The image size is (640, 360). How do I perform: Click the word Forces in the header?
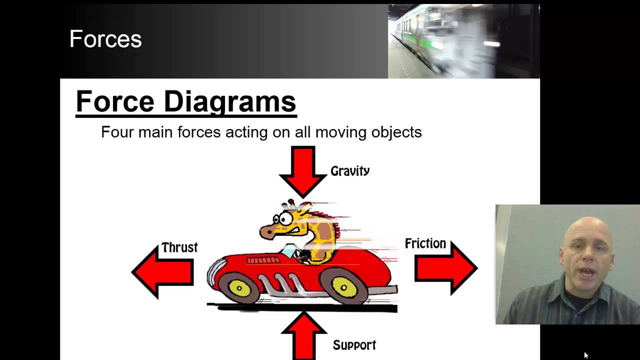(x=105, y=39)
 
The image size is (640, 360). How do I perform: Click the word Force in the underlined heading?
(x=115, y=101)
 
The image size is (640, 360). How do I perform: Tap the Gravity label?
(x=350, y=171)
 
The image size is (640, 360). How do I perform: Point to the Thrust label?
(x=179, y=247)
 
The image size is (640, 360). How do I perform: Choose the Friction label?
(x=425, y=243)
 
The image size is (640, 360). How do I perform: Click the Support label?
(x=354, y=345)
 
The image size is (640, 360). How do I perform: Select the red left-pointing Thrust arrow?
(x=162, y=272)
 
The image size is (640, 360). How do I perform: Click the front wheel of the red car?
(x=239, y=288)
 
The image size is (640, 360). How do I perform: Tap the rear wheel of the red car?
(x=344, y=287)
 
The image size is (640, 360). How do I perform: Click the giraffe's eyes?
(x=282, y=218)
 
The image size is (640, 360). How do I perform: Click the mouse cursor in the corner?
(x=586, y=355)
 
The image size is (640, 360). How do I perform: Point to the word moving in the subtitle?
(x=341, y=132)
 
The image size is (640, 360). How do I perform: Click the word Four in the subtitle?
(x=117, y=132)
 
